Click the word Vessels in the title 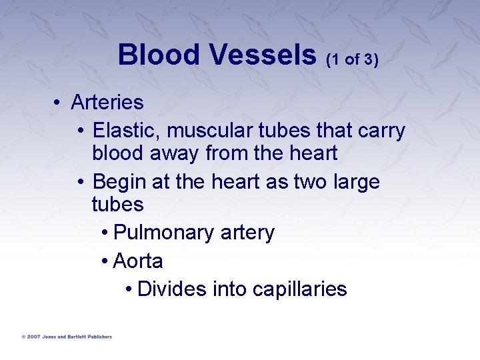[264, 55]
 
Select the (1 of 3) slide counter [352, 59]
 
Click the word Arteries [107, 103]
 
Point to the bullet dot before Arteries [59, 103]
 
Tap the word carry [381, 131]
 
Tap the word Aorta [138, 261]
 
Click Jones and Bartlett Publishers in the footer [77, 337]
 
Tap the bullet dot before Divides [128, 289]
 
